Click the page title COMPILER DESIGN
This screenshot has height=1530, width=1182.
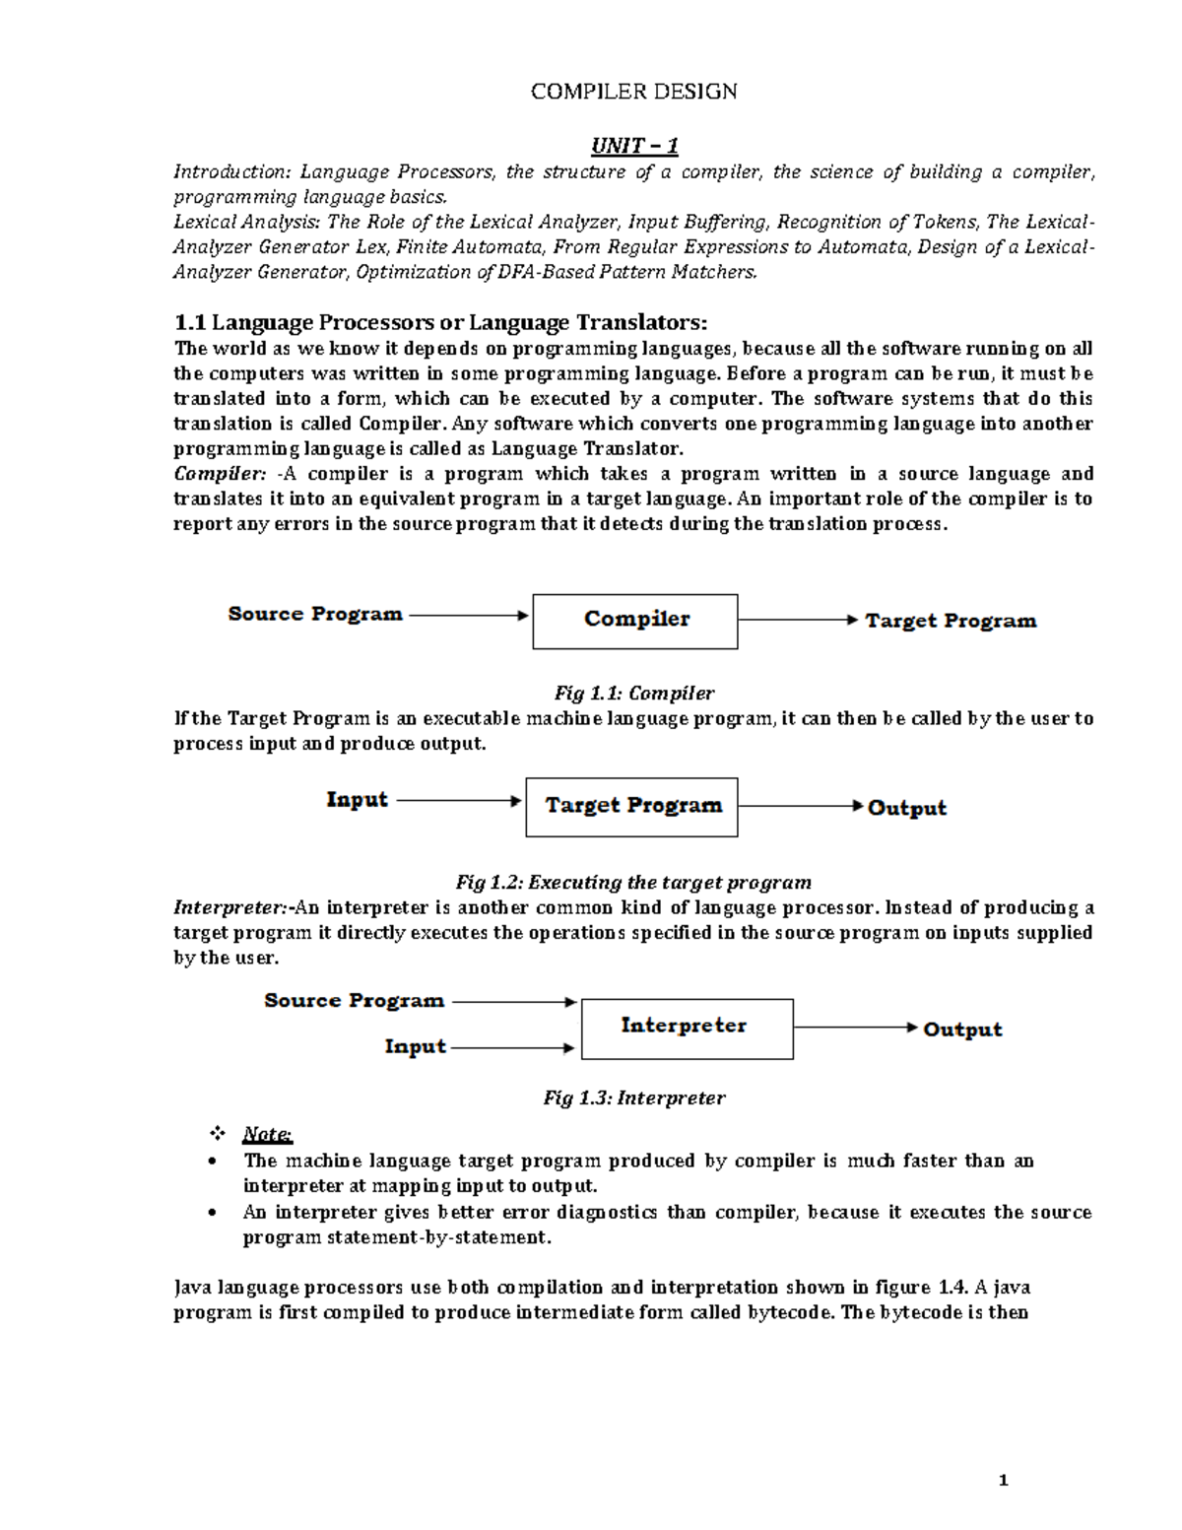pyautogui.click(x=633, y=92)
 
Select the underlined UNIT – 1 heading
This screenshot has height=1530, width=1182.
pyautogui.click(x=633, y=147)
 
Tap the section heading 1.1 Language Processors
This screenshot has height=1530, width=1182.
pyautogui.click(x=439, y=322)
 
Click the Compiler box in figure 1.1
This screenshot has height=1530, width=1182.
pyautogui.click(x=635, y=621)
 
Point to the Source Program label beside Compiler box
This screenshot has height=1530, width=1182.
pyautogui.click(x=315, y=614)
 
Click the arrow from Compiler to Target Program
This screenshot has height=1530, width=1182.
pyautogui.click(x=798, y=620)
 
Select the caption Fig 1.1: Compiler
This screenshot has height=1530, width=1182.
pyautogui.click(x=634, y=693)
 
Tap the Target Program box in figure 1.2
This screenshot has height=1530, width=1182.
pyautogui.click(x=631, y=806)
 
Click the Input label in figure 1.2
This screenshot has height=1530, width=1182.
pyautogui.click(x=357, y=800)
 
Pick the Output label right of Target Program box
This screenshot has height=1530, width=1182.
pyautogui.click(x=906, y=808)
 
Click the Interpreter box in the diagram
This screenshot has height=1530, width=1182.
pyautogui.click(x=687, y=1028)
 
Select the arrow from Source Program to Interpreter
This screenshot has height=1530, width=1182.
pyautogui.click(x=513, y=1002)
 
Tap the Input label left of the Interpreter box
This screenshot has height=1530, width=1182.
pyautogui.click(x=415, y=1046)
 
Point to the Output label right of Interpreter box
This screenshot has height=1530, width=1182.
pyautogui.click(x=962, y=1030)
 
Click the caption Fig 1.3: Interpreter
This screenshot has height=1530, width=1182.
pyautogui.click(x=633, y=1098)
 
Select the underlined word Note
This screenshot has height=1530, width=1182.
pyautogui.click(x=267, y=1134)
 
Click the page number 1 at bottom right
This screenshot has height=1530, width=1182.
pyautogui.click(x=1004, y=1480)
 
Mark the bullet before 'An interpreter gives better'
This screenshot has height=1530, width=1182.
pyautogui.click(x=214, y=1213)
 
